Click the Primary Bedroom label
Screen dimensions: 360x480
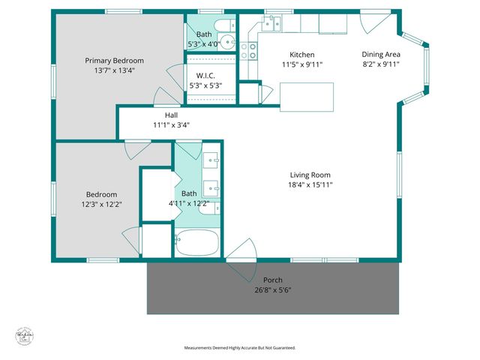[x=114, y=60]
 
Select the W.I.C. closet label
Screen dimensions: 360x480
[x=206, y=76]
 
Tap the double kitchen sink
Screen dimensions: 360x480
[x=274, y=22]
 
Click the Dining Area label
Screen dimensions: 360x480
[x=380, y=54]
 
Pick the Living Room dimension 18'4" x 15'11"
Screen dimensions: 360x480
[x=310, y=184]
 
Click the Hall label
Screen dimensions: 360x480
[x=171, y=115]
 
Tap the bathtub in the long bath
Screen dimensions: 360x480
[x=196, y=242]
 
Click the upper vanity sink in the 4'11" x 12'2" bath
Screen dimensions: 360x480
[x=211, y=160]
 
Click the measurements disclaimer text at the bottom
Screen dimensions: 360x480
[x=240, y=348]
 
